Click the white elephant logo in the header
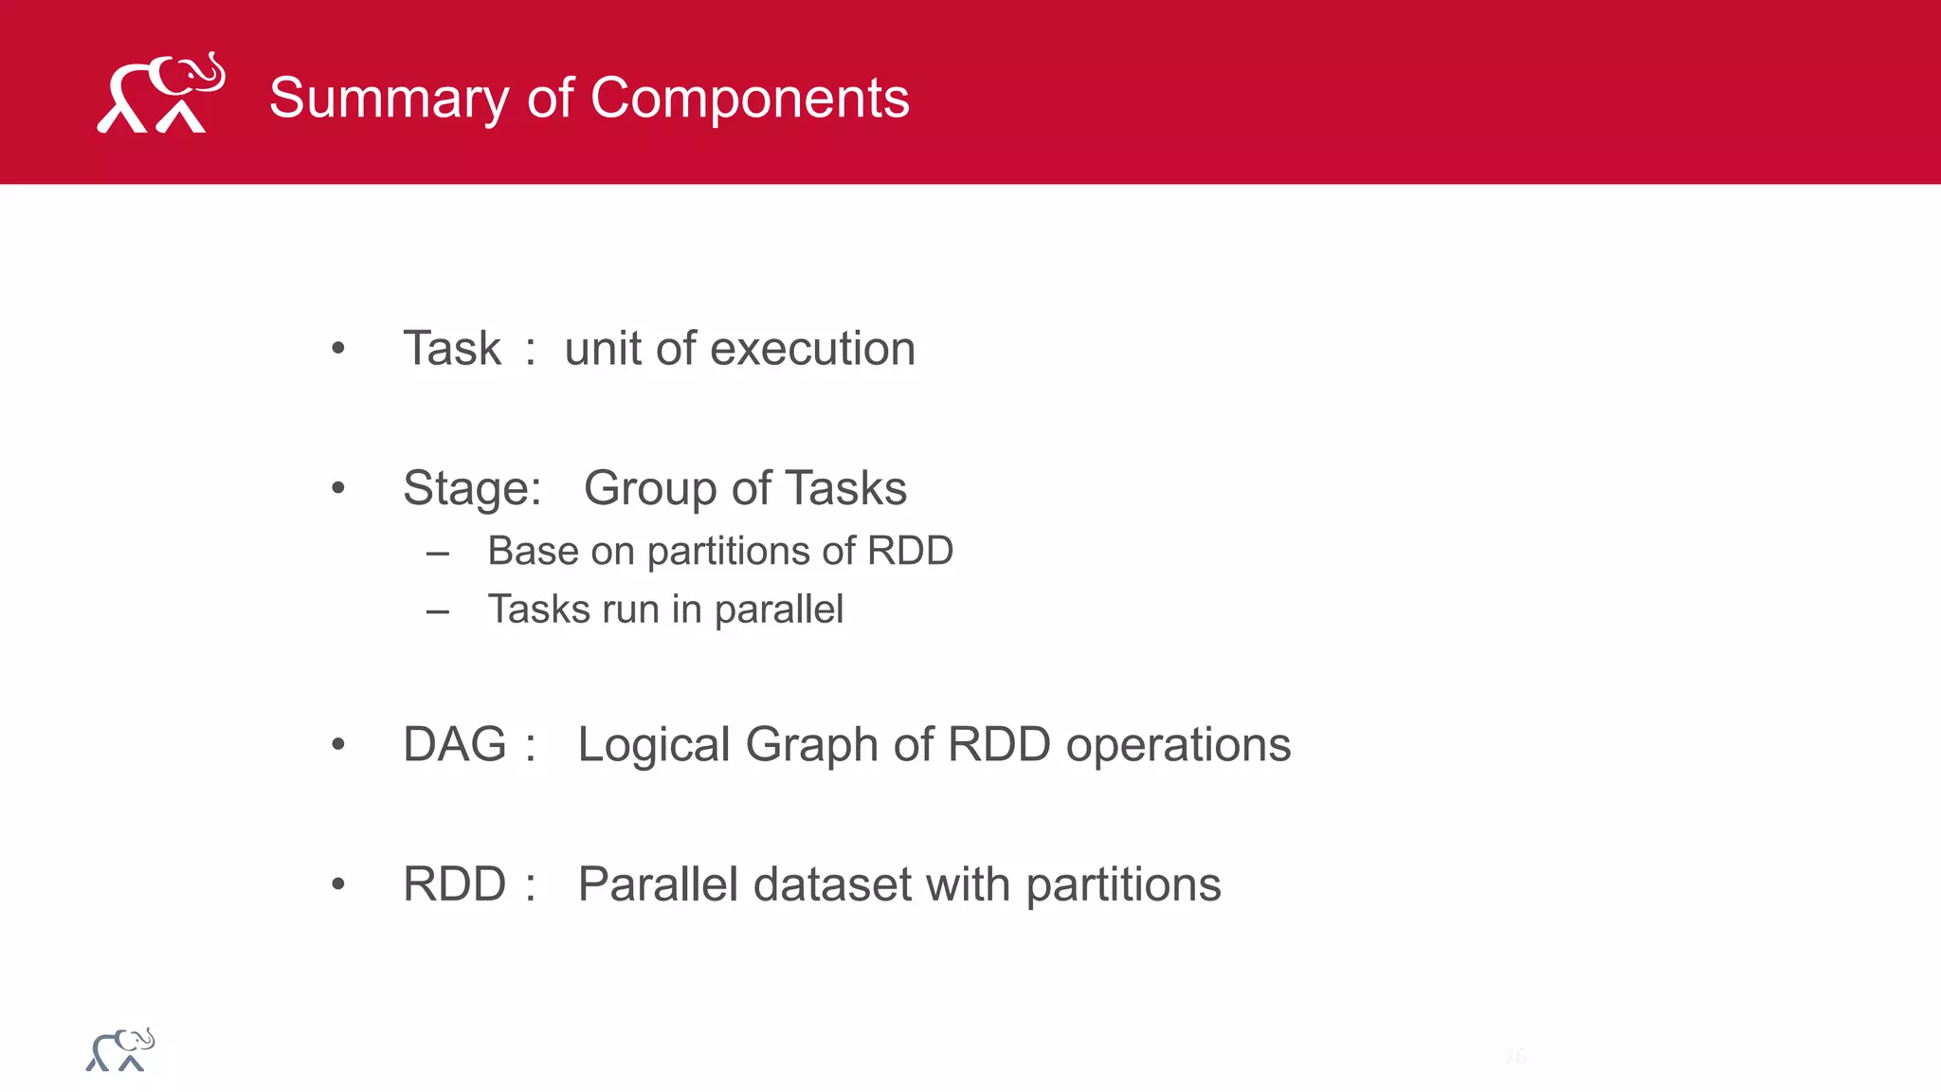(x=161, y=93)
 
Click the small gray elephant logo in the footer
(x=120, y=1050)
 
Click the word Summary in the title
(x=388, y=98)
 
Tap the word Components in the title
(x=750, y=98)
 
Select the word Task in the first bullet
(x=451, y=348)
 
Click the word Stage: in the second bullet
(x=472, y=488)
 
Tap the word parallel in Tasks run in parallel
(x=778, y=610)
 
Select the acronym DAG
(x=455, y=744)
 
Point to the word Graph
(x=810, y=744)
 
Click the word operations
(x=1178, y=744)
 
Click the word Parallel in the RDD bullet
(x=658, y=883)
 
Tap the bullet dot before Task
(x=338, y=349)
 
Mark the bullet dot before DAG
(x=338, y=745)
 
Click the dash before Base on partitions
(x=437, y=554)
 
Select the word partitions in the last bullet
(x=1123, y=885)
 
